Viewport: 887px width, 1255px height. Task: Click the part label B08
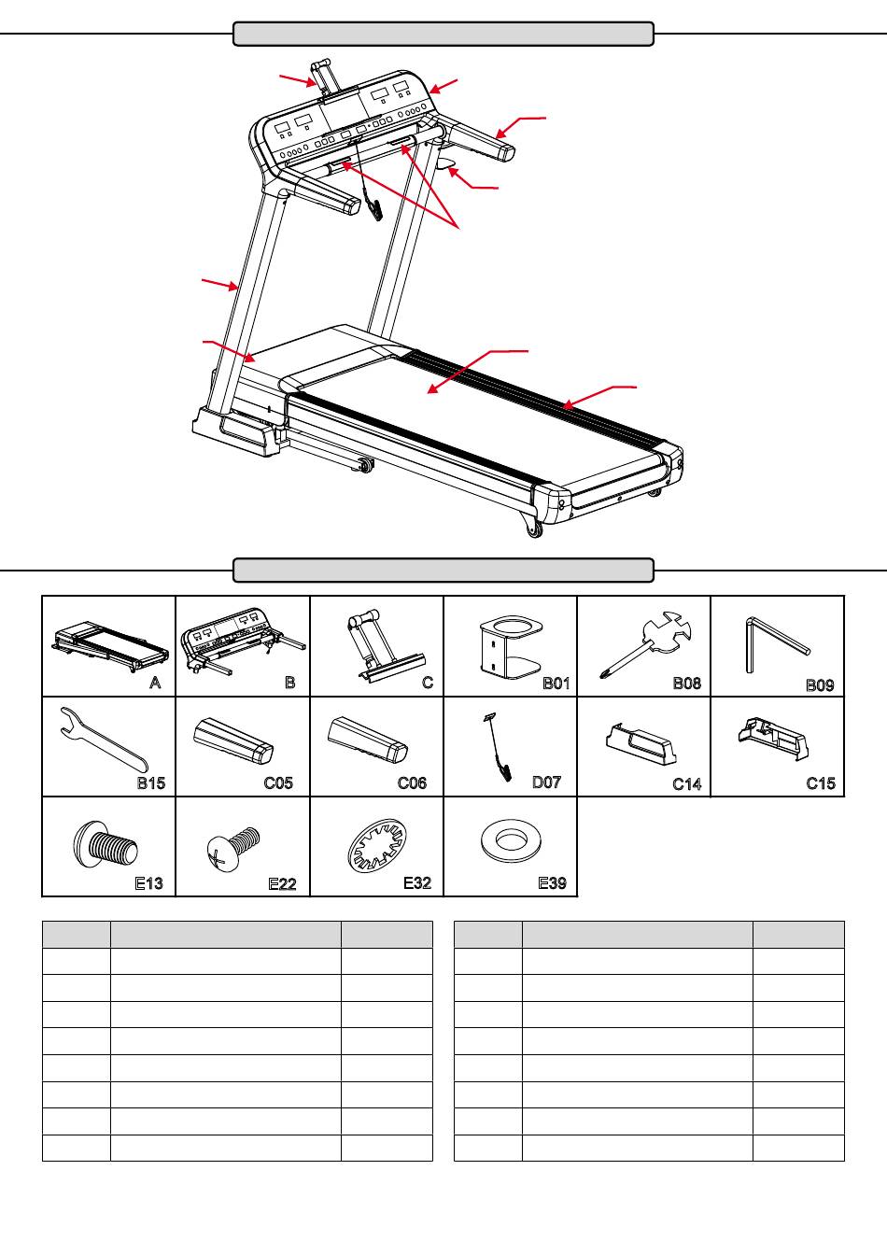click(686, 684)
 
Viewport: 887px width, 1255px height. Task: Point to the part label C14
click(686, 784)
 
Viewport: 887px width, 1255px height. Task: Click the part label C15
click(820, 783)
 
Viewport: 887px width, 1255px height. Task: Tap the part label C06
click(412, 783)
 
